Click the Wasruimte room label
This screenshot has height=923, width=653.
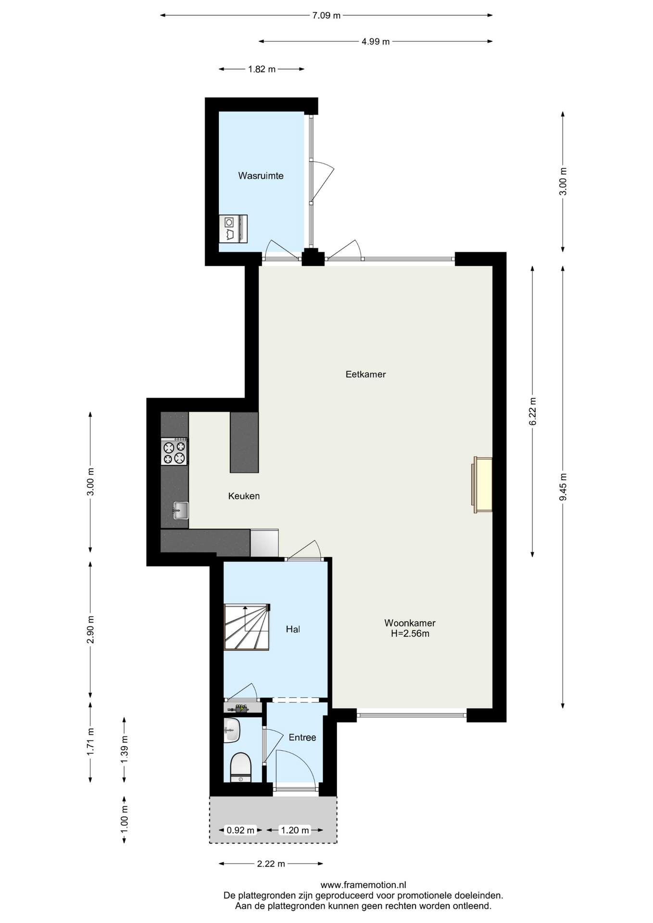click(x=261, y=176)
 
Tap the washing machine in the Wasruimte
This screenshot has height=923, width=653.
click(x=233, y=229)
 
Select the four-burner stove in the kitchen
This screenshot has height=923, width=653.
click(x=175, y=451)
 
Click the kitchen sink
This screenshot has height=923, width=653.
click(x=181, y=510)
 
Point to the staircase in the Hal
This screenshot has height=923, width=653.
click(x=247, y=627)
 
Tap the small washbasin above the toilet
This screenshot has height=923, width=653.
click(x=232, y=730)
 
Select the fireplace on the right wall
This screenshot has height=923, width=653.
click(x=482, y=485)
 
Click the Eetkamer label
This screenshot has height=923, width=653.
click(x=365, y=374)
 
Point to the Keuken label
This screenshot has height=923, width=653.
click(x=244, y=496)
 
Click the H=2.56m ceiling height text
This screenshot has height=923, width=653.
click(x=410, y=634)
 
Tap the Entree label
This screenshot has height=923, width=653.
click(x=302, y=737)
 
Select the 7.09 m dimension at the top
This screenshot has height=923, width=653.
click(x=326, y=15)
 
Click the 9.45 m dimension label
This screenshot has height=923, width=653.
click(x=563, y=487)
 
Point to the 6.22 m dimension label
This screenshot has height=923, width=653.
click(x=532, y=411)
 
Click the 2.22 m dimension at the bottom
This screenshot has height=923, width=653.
click(x=271, y=864)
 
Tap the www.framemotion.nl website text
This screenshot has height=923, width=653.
click(x=363, y=885)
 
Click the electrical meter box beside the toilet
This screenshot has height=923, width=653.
click(x=242, y=708)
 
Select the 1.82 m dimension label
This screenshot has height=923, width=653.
click(x=262, y=69)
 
